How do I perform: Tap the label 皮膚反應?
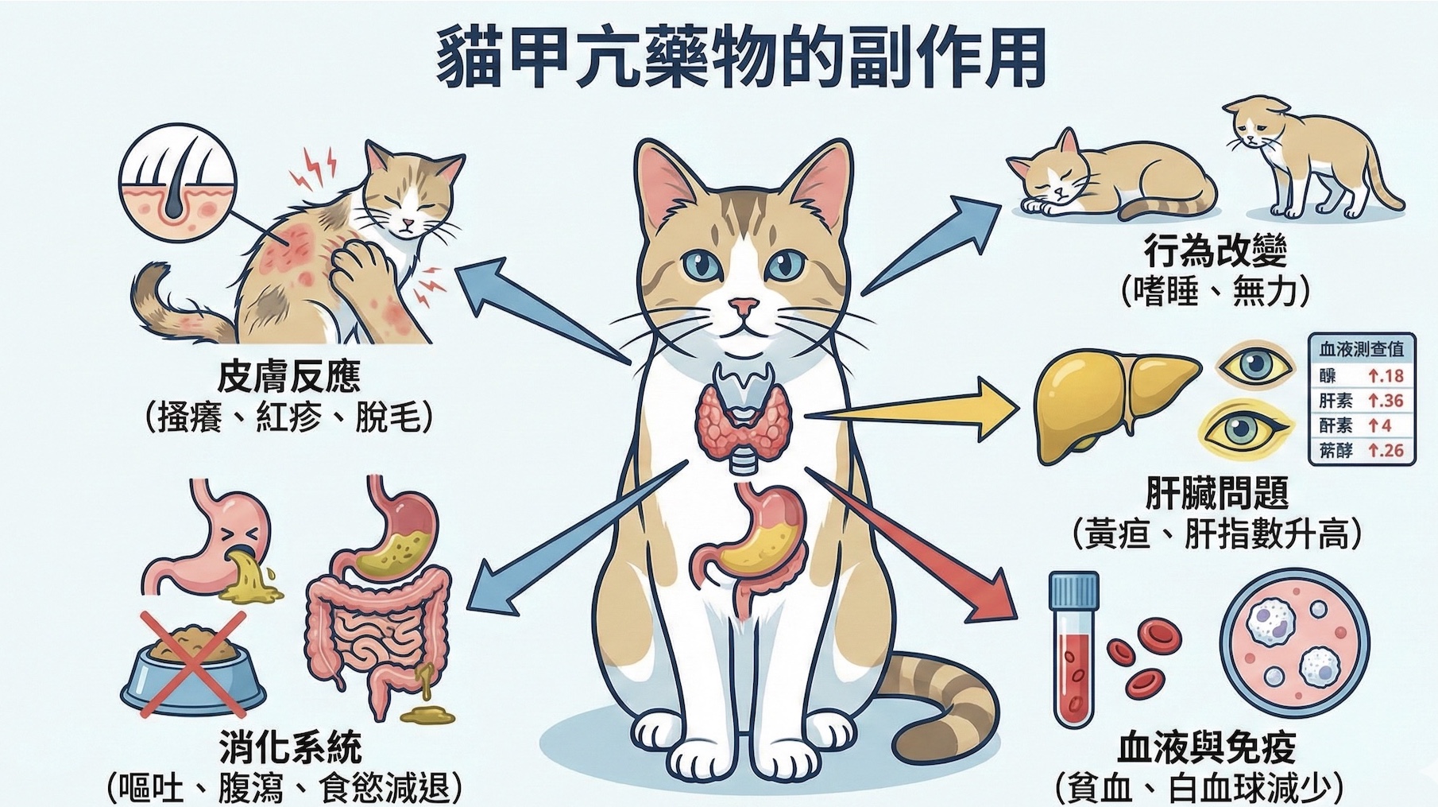tap(289, 377)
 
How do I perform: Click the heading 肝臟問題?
tap(1216, 494)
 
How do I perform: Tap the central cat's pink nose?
tap(744, 305)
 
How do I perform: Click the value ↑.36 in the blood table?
tap(1386, 400)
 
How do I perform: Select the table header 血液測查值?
tap(1361, 349)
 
